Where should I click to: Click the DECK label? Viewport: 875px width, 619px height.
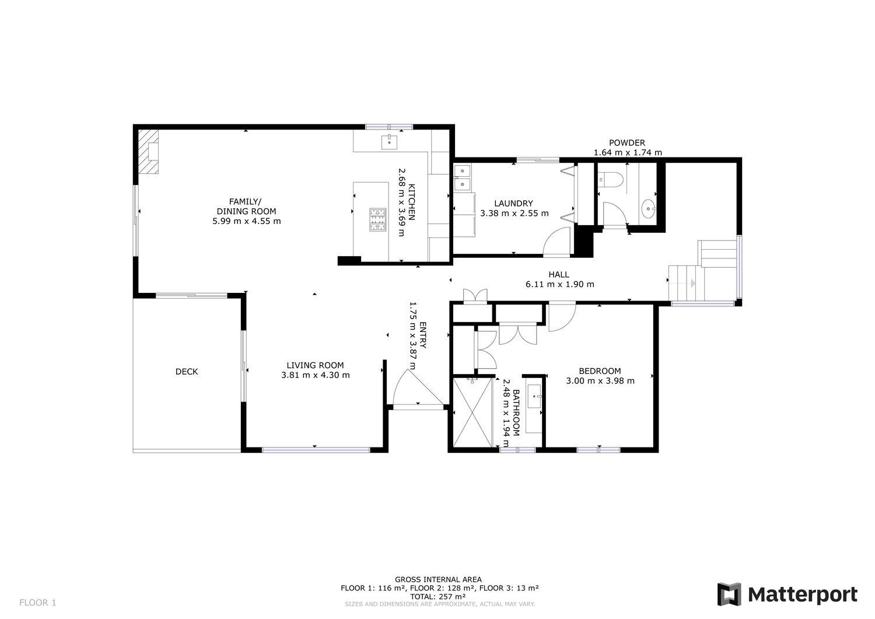click(x=187, y=372)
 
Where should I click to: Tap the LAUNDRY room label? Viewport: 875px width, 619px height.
click(x=514, y=204)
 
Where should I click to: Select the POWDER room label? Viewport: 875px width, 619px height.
click(x=627, y=143)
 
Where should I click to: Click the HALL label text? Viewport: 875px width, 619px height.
click(x=559, y=275)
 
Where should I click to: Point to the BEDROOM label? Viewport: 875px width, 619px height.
click(x=600, y=371)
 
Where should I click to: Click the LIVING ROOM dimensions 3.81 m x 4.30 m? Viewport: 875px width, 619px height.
click(x=316, y=376)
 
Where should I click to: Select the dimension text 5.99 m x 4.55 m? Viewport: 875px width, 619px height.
click(x=247, y=222)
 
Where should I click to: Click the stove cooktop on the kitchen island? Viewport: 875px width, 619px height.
click(x=378, y=219)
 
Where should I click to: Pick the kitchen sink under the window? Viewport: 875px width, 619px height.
click(x=389, y=142)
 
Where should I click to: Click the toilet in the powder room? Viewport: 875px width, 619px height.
click(x=607, y=180)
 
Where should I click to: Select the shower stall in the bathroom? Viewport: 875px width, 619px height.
click(x=473, y=411)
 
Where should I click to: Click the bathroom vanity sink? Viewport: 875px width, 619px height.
click(x=534, y=396)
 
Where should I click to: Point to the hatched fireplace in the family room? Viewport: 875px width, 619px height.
click(x=148, y=151)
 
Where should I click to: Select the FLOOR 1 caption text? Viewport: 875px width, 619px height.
click(x=38, y=603)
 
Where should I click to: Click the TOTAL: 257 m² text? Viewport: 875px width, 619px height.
click(x=438, y=597)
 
